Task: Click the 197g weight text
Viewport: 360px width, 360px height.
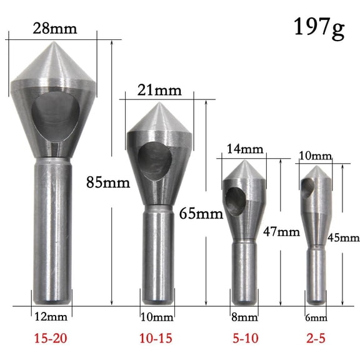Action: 319,28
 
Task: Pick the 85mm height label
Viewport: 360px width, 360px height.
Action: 107,183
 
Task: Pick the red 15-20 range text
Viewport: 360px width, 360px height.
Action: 51,339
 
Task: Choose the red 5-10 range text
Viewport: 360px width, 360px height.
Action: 244,339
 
